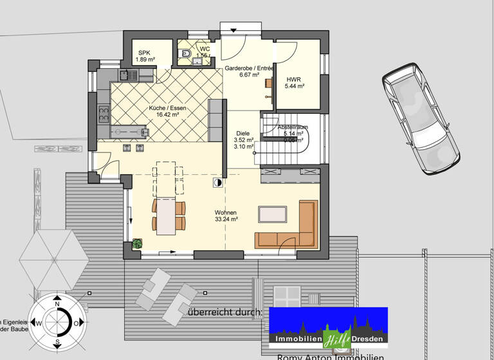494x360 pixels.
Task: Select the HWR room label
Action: [x=295, y=82]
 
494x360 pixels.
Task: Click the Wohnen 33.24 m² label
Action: [x=226, y=215]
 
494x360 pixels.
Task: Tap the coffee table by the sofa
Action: [x=273, y=214]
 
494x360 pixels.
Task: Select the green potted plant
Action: [x=137, y=244]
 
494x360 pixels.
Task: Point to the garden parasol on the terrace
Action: [x=53, y=260]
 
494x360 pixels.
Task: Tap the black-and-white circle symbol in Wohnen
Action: [x=218, y=183]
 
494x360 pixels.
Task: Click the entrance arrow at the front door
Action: [x=234, y=30]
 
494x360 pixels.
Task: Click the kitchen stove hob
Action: [x=102, y=116]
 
